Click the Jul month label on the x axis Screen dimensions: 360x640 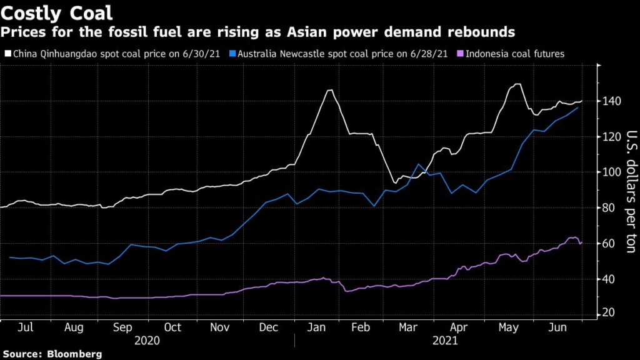pos(26,327)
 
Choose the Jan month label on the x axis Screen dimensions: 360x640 pos(319,327)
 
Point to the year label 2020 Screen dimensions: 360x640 pos(147,341)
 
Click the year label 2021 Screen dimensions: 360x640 pos(444,341)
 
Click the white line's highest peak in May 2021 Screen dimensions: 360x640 pos(517,84)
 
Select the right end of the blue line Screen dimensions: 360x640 pos(577,107)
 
